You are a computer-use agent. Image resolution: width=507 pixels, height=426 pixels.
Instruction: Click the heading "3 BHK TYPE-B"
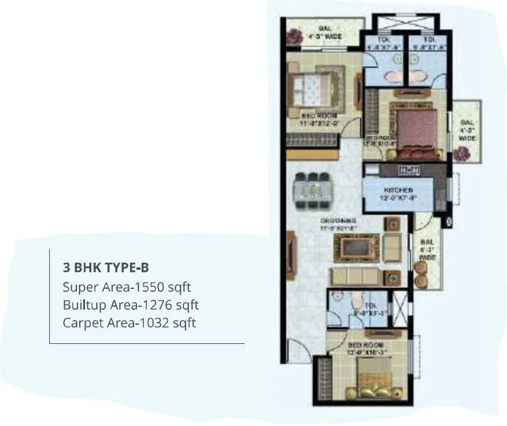[106, 267]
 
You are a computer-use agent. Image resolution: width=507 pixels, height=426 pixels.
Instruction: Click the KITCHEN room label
[398, 190]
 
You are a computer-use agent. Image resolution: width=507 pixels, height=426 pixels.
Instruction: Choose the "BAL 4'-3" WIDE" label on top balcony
[325, 33]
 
